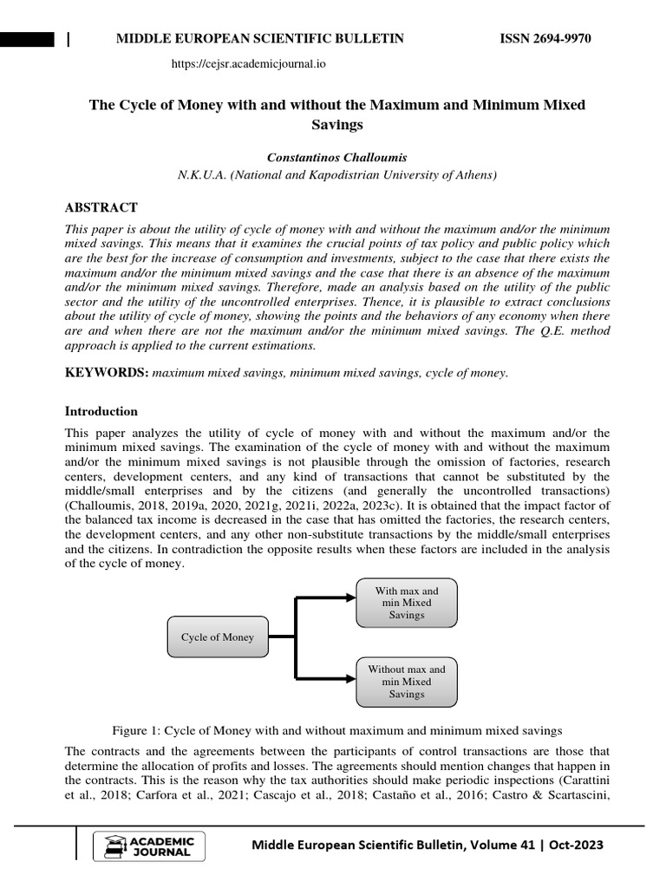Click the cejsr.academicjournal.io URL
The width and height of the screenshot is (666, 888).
click(249, 63)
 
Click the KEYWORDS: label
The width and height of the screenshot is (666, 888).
click(107, 373)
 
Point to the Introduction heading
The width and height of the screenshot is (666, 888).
click(101, 411)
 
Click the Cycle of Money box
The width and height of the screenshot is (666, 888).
click(218, 637)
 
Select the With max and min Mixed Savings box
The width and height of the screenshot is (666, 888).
click(407, 603)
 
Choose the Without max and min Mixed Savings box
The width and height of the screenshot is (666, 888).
click(407, 682)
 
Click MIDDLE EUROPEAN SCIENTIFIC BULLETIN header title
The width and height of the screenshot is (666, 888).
click(260, 39)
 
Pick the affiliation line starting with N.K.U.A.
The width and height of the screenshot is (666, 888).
click(336, 175)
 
